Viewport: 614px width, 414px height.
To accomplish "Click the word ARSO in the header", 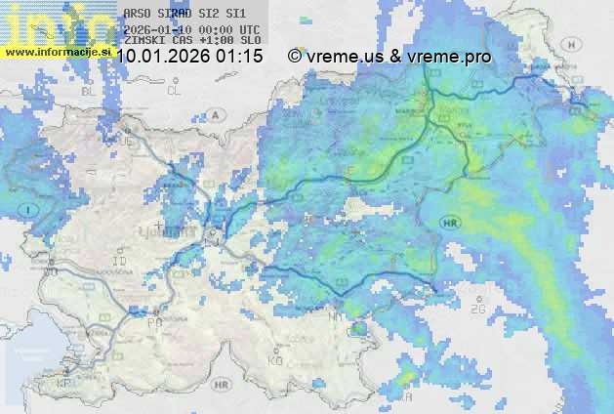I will [136, 15].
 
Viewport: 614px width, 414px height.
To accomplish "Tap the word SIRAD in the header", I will [175, 15].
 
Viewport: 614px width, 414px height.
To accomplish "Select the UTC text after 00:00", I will [248, 29].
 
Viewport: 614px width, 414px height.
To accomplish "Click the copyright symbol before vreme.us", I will [295, 57].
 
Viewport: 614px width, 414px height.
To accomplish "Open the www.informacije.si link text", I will [56, 52].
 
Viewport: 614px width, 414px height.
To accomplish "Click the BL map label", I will [92, 90].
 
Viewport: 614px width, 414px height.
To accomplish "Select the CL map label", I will [174, 90].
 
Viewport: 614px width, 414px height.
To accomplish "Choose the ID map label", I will [120, 262].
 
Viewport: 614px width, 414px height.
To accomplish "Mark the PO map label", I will [153, 321].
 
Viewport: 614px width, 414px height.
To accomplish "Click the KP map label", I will [64, 384].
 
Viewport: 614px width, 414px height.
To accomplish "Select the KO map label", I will [275, 360].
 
